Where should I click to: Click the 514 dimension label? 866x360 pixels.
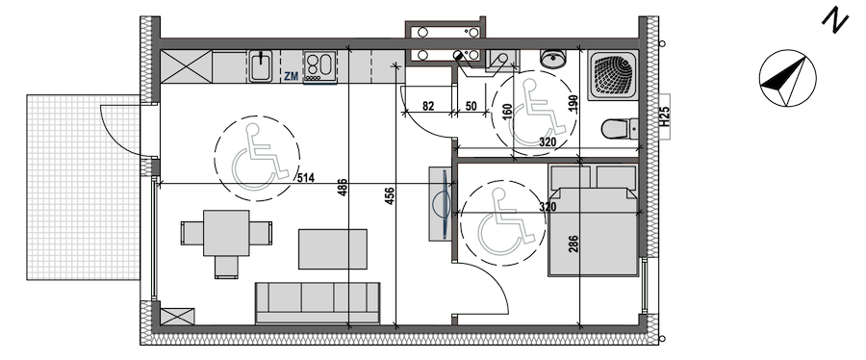tap(305, 178)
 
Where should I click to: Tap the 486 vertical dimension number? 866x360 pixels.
tap(343, 188)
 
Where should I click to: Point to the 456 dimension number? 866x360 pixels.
tap(390, 197)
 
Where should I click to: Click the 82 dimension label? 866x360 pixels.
tap(428, 107)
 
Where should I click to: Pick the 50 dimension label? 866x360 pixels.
tap(471, 107)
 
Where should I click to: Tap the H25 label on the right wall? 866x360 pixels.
tap(665, 117)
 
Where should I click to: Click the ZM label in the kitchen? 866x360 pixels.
tap(291, 77)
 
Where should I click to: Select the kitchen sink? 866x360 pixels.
tap(259, 66)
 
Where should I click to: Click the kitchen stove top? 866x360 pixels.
tap(319, 66)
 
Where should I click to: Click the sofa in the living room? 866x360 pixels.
tap(318, 302)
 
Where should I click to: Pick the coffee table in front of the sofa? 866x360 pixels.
tap(333, 249)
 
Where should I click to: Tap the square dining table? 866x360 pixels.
tap(226, 232)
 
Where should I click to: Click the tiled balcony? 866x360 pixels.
tap(83, 187)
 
